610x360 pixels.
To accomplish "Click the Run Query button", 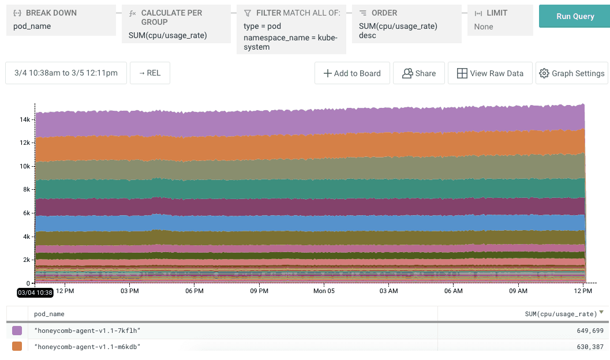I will pyautogui.click(x=575, y=16).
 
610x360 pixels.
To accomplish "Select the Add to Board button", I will pyautogui.click(x=352, y=73).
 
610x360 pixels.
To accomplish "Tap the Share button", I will pyautogui.click(x=419, y=73).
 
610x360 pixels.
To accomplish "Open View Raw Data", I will pyautogui.click(x=489, y=73).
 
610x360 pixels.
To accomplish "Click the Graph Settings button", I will pyautogui.click(x=571, y=73).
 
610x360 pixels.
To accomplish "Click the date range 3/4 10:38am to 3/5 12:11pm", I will pyautogui.click(x=66, y=73).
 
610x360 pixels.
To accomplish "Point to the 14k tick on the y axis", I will pyautogui.click(x=24, y=119).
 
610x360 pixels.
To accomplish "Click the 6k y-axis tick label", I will pyautogui.click(x=26, y=213).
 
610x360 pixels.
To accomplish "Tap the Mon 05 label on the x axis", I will pyautogui.click(x=324, y=291).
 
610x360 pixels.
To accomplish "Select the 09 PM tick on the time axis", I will pyautogui.click(x=259, y=291).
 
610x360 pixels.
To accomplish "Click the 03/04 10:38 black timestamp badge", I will pyautogui.click(x=35, y=292).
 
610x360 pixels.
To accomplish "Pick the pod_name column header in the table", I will pyautogui.click(x=49, y=314).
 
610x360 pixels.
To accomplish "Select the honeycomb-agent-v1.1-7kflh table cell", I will pyautogui.click(x=88, y=331).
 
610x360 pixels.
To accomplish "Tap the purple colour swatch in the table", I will pyautogui.click(x=17, y=331).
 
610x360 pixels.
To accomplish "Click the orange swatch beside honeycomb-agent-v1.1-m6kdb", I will pyautogui.click(x=17, y=346).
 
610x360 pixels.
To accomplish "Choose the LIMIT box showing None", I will pyautogui.click(x=500, y=21).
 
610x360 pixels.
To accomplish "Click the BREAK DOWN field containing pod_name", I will pyautogui.click(x=60, y=21).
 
